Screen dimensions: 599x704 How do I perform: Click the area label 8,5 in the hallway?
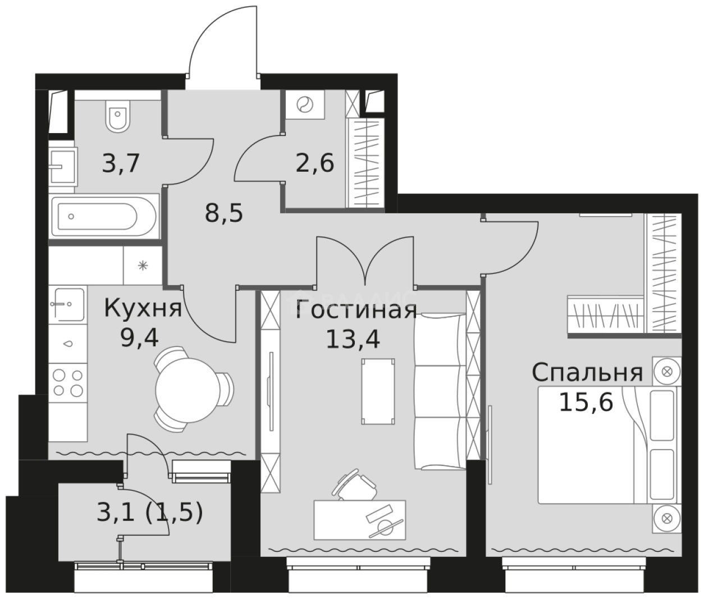pos(224,213)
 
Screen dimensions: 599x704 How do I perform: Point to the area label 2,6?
pos(315,163)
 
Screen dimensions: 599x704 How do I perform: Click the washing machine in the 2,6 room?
pos(305,105)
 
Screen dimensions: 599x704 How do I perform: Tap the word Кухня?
pos(143,309)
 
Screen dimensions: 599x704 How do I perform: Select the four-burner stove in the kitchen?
pos(68,381)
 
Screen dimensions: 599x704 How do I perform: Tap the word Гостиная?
pos(356,310)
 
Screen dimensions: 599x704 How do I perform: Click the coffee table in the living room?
pos(377,391)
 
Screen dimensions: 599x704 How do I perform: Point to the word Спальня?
pos(587,373)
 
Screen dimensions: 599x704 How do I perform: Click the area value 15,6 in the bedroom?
pos(584,401)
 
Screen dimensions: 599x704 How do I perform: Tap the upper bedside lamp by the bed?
pos(667,372)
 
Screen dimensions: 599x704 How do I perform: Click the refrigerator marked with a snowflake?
pos(143,265)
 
